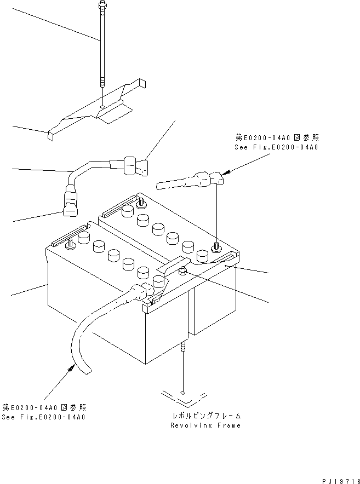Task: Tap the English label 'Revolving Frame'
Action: pos(205,425)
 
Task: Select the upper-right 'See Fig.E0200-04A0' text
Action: pos(276,147)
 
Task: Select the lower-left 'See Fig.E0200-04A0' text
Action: pos(43,417)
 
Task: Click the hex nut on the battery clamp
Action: pos(182,270)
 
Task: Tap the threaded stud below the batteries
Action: pos(181,348)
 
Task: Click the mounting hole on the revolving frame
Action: pos(181,393)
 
